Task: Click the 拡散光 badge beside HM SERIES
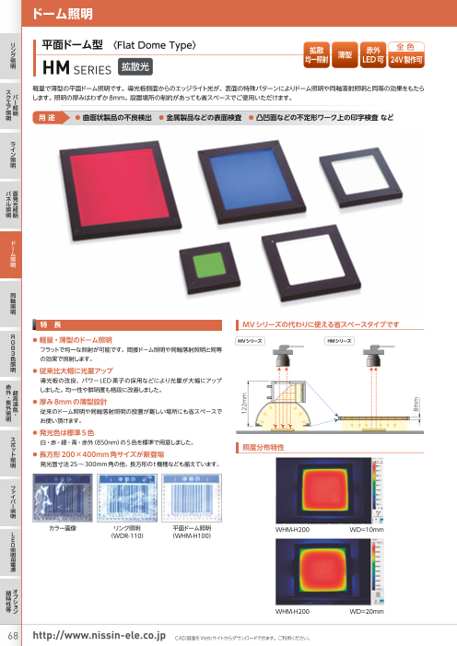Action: (137, 66)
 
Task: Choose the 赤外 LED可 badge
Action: (374, 55)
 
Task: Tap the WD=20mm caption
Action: (368, 611)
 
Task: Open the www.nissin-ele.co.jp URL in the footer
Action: (98, 636)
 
